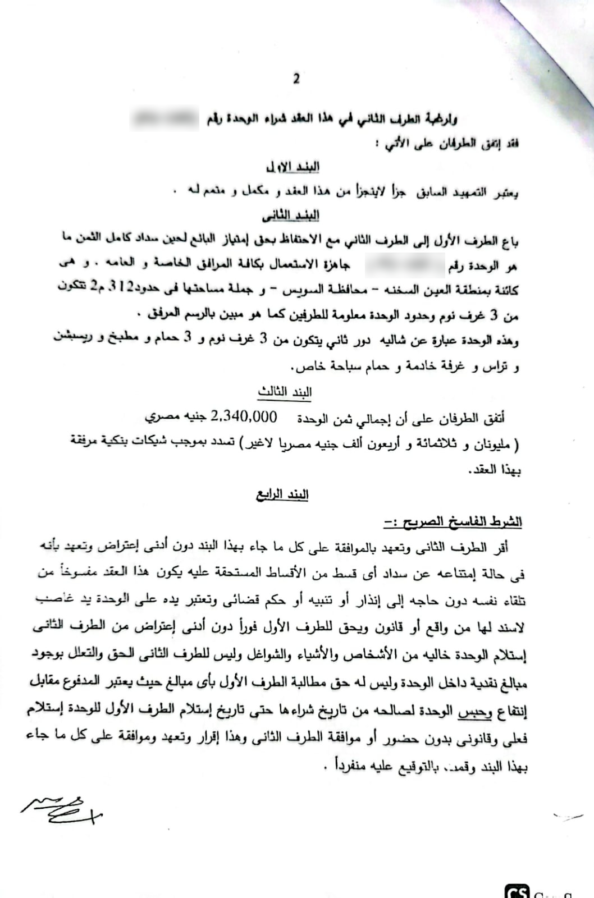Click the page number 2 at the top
pos(296,79)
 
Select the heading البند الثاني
pos(291,216)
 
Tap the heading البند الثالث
pos(285,392)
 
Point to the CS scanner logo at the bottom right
pos(517,891)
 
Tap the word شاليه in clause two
pos(394,340)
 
